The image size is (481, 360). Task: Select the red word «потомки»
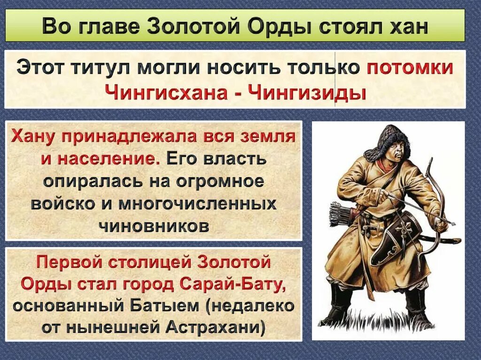pyautogui.click(x=410, y=68)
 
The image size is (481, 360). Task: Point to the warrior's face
pyautogui.click(x=393, y=150)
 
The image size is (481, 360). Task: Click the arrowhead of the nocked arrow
pyautogui.click(x=450, y=222)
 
